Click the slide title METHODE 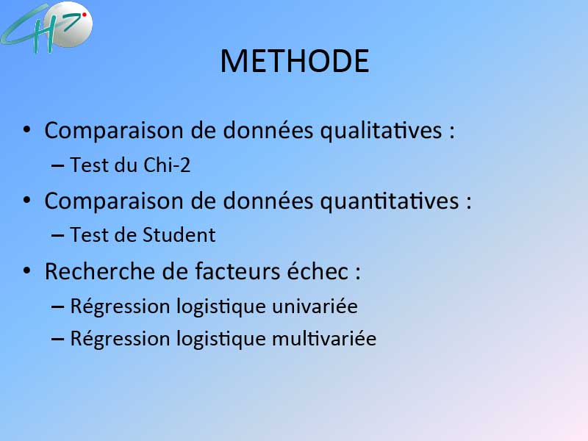[295, 61]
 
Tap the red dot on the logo [85, 15]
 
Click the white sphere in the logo [68, 24]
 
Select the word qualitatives [381, 131]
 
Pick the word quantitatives [390, 201]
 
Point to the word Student [179, 235]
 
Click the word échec [318, 270]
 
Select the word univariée [315, 306]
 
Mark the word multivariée [324, 339]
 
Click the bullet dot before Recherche [26, 270]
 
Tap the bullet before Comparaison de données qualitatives [26, 130]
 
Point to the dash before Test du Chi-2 [57, 165]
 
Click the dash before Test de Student [57, 235]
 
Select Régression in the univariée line [121, 306]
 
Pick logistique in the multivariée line [221, 340]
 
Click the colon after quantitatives [468, 201]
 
